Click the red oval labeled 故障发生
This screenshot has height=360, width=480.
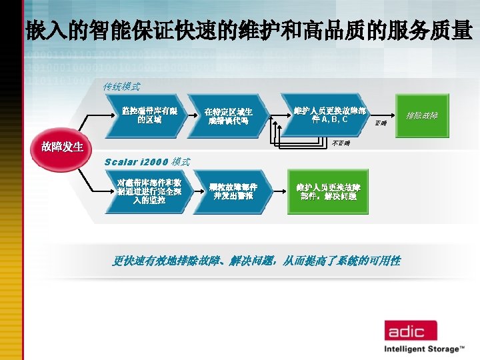pyautogui.click(x=63, y=146)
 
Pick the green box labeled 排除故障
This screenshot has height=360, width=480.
pyautogui.click(x=422, y=115)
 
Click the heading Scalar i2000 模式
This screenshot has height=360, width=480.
pyautogui.click(x=147, y=161)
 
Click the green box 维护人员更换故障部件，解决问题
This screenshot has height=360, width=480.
pyautogui.click(x=328, y=192)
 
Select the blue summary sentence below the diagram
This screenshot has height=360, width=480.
pyautogui.click(x=256, y=261)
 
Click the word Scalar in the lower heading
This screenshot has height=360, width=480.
pyautogui.click(x=123, y=161)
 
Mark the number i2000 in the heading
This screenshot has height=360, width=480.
pyautogui.click(x=155, y=161)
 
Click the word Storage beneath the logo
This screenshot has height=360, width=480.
pyautogui.click(x=443, y=349)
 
